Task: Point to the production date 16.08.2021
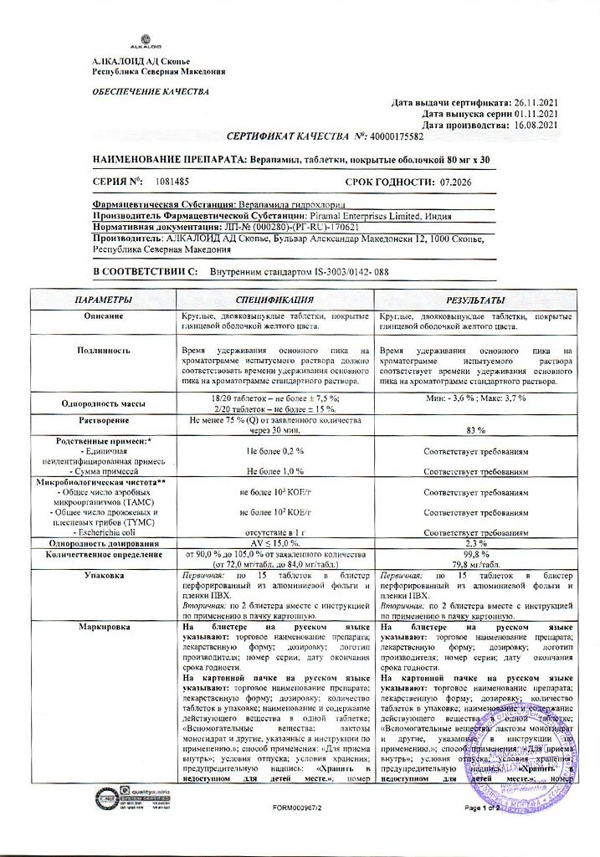tap(536, 125)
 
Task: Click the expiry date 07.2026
tap(458, 181)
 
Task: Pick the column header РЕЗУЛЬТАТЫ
tap(474, 299)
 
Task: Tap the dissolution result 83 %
tap(474, 429)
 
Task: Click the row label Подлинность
tap(104, 352)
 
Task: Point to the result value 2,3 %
tap(474, 544)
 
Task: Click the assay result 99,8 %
tap(474, 554)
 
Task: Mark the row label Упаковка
tap(104, 577)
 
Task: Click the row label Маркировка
tap(104, 626)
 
